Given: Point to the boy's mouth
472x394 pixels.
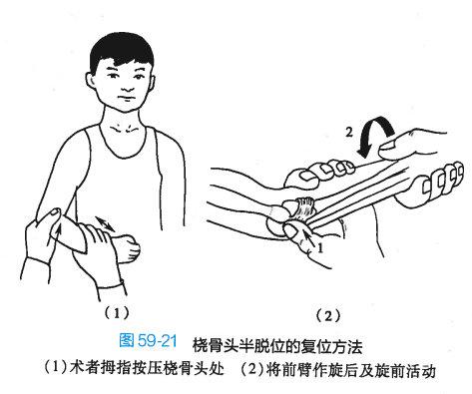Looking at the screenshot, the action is [126, 99].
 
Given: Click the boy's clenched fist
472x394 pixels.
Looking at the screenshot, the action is [129, 247].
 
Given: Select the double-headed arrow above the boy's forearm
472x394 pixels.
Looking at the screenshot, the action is [105, 223].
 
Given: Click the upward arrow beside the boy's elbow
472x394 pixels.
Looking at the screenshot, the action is [58, 237].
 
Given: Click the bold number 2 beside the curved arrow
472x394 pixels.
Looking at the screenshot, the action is [349, 133].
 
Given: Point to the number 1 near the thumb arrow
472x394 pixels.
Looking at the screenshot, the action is [320, 248].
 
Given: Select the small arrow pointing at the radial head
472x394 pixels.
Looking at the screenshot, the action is [309, 239].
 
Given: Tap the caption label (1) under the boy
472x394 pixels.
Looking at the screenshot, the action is [116, 312].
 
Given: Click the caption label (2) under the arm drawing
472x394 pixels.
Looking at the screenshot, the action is [328, 315].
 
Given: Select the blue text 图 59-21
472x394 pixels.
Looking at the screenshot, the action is [148, 341].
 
